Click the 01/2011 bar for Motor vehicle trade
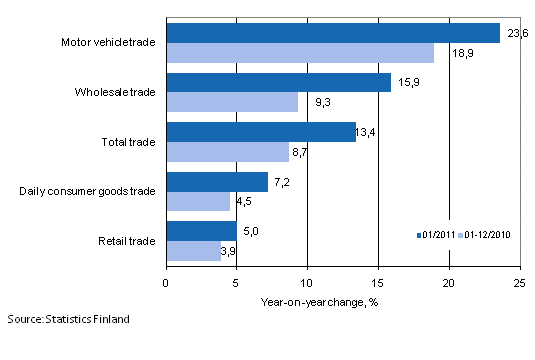click(x=333, y=33)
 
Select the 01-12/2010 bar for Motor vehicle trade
click(x=300, y=52)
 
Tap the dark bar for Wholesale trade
click(x=278, y=82)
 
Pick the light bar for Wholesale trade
click(x=232, y=102)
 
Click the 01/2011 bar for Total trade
click(x=261, y=132)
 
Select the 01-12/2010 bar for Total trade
click(x=227, y=152)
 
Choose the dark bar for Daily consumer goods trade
click(x=217, y=182)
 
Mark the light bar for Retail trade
click(x=193, y=251)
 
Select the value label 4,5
click(x=245, y=202)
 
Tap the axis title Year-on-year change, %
click(x=342, y=299)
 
